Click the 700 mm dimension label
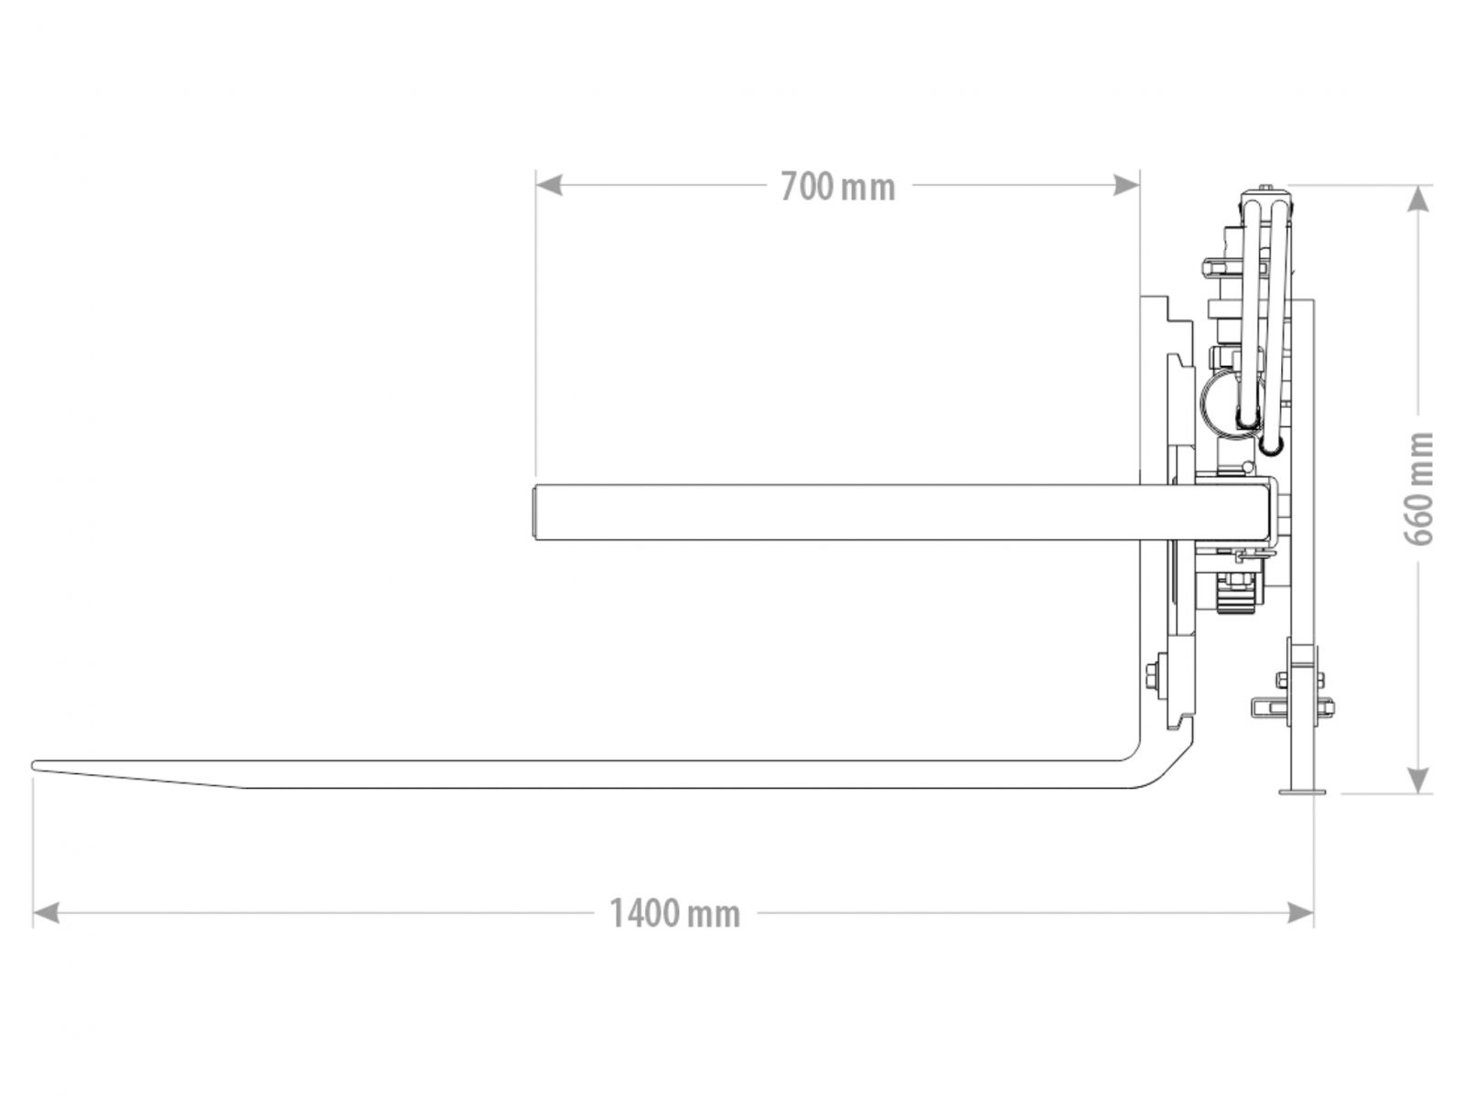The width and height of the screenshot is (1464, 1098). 837,187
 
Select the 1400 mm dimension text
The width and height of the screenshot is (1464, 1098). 675,913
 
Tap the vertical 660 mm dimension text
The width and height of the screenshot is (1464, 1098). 1419,489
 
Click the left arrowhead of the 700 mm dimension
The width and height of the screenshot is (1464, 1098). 549,185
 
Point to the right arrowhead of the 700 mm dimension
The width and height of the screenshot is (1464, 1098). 1125,185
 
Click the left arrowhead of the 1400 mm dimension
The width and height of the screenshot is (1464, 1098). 46,912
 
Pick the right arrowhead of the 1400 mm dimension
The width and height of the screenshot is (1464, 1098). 1300,912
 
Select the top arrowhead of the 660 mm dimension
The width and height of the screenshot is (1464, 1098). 1418,199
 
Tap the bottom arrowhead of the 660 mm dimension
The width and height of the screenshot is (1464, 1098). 1418,780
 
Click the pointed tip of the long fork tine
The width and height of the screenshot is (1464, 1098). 33,765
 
